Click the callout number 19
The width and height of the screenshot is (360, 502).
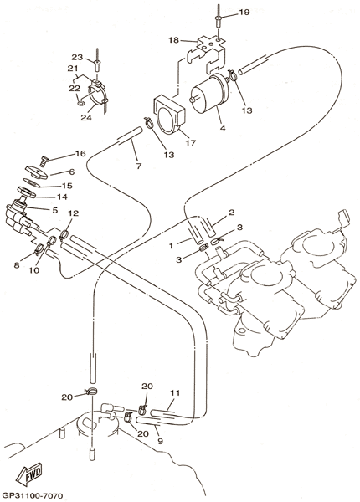(244, 13)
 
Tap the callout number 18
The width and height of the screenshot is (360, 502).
(174, 40)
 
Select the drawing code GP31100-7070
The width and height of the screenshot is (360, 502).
(32, 496)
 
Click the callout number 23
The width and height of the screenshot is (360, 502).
(77, 57)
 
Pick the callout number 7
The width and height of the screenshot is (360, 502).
(138, 166)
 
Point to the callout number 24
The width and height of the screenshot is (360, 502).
(86, 117)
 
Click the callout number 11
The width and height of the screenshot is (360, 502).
(175, 392)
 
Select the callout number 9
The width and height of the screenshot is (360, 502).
(160, 441)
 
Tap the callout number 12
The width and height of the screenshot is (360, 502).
(73, 213)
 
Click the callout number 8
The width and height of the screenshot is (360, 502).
(17, 264)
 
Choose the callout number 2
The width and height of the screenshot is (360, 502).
(232, 213)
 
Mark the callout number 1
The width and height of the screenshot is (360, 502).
(172, 246)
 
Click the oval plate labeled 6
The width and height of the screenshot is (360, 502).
(36, 172)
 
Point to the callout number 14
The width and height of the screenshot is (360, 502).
(62, 197)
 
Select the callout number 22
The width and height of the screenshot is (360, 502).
(74, 89)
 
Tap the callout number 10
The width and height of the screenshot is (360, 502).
(33, 270)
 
